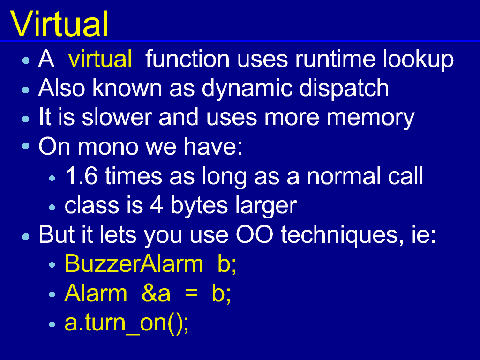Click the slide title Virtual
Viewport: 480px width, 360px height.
coord(60,24)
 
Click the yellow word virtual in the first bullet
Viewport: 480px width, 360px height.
coord(100,59)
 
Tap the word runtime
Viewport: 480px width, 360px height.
coord(335,59)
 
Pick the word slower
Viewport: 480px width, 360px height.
coord(117,117)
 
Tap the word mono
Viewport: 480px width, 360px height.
coord(108,147)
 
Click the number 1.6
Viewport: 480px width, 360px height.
coord(82,176)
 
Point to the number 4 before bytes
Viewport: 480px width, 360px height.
coord(157,205)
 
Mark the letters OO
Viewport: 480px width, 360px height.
coord(255,235)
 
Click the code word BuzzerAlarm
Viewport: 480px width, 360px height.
coord(134,263)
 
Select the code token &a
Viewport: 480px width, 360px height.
coord(156,293)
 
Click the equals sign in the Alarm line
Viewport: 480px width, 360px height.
coord(191,293)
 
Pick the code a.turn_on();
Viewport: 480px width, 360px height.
coord(127,323)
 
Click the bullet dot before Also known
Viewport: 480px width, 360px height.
coord(26,90)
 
